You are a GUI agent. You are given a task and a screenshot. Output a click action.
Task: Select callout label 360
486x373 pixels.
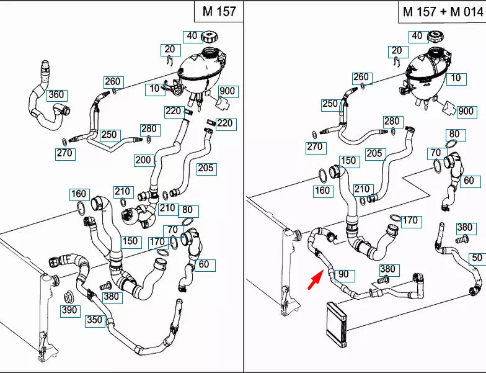click(56, 95)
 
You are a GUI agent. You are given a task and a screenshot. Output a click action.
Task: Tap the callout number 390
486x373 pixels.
click(70, 310)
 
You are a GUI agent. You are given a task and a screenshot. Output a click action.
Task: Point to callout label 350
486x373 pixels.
click(95, 320)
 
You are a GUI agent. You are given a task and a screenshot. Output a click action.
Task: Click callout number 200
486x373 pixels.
click(144, 160)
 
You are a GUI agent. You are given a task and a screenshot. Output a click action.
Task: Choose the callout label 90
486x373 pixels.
click(343, 274)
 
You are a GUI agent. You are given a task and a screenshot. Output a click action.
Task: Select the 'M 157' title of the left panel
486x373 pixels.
click(218, 11)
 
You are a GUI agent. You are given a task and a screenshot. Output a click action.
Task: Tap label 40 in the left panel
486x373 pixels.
click(192, 36)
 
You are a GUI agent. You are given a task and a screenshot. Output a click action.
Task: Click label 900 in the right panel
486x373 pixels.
click(466, 112)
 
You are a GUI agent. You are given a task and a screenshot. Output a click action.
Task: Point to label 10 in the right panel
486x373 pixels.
click(456, 78)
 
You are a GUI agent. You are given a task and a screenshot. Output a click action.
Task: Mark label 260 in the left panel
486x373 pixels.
click(112, 81)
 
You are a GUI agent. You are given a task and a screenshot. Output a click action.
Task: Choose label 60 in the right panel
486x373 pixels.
click(468, 181)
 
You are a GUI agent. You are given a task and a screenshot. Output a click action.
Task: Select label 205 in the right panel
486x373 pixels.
click(374, 153)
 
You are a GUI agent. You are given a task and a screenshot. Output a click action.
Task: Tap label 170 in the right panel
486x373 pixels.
click(410, 220)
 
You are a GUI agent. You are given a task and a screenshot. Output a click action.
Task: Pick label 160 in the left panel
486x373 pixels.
click(79, 194)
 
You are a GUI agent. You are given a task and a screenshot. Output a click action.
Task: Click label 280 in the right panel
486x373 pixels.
click(392, 121)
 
